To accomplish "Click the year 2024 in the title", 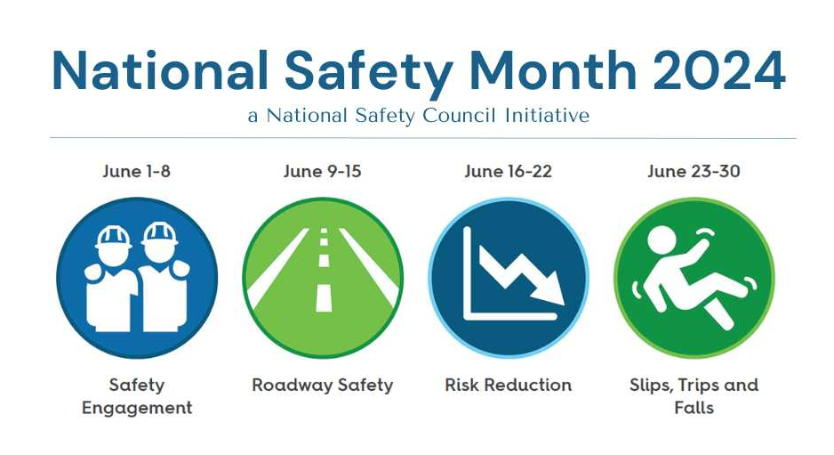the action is [x=719, y=71].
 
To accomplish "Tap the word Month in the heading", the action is [x=553, y=71].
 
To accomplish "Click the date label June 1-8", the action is [x=137, y=171].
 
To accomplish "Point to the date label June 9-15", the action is [x=323, y=171].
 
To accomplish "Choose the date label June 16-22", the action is [x=508, y=171].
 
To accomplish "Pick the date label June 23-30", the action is [x=694, y=171].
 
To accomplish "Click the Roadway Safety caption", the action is [x=323, y=386].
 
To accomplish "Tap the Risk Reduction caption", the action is [x=508, y=385].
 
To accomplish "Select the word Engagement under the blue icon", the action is [x=137, y=408].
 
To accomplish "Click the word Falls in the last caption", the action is [x=694, y=408].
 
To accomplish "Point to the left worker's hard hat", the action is [x=113, y=237].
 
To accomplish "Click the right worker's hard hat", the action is [x=159, y=235].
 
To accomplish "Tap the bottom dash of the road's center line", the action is [x=324, y=297].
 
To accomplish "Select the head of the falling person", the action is [x=662, y=239].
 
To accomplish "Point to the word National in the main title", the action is [x=160, y=71].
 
